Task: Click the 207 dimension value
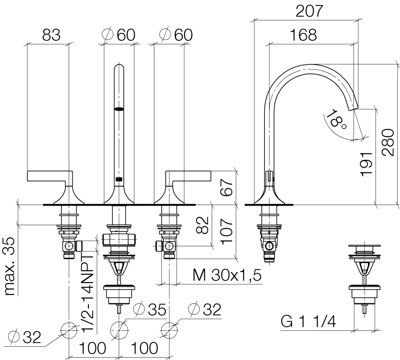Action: point(309,11)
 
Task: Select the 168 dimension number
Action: point(303,34)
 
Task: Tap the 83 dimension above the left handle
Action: point(51,35)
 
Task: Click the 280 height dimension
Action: point(388,142)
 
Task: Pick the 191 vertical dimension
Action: point(366,164)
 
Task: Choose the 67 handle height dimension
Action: point(227,187)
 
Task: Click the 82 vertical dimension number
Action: point(202,225)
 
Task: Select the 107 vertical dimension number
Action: point(227,231)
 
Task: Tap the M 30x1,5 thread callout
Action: point(227,275)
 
